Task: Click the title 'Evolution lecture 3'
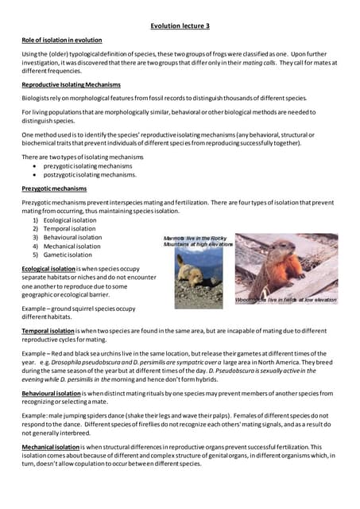(181, 25)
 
